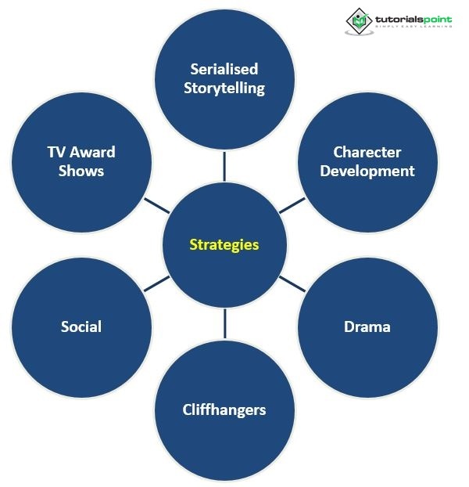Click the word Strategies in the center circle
pos(224,245)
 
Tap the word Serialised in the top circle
pos(224,69)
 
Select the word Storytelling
pos(224,87)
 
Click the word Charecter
pos(367,152)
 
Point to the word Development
pos(367,171)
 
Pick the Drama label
pos(367,326)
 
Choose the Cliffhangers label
pos(224,409)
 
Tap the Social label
pos(81,326)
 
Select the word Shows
pos(81,171)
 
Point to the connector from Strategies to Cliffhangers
pos(224,323)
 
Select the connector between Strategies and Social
pos(156,283)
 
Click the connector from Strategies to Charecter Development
pos(292,205)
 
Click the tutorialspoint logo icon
pos(359,19)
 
